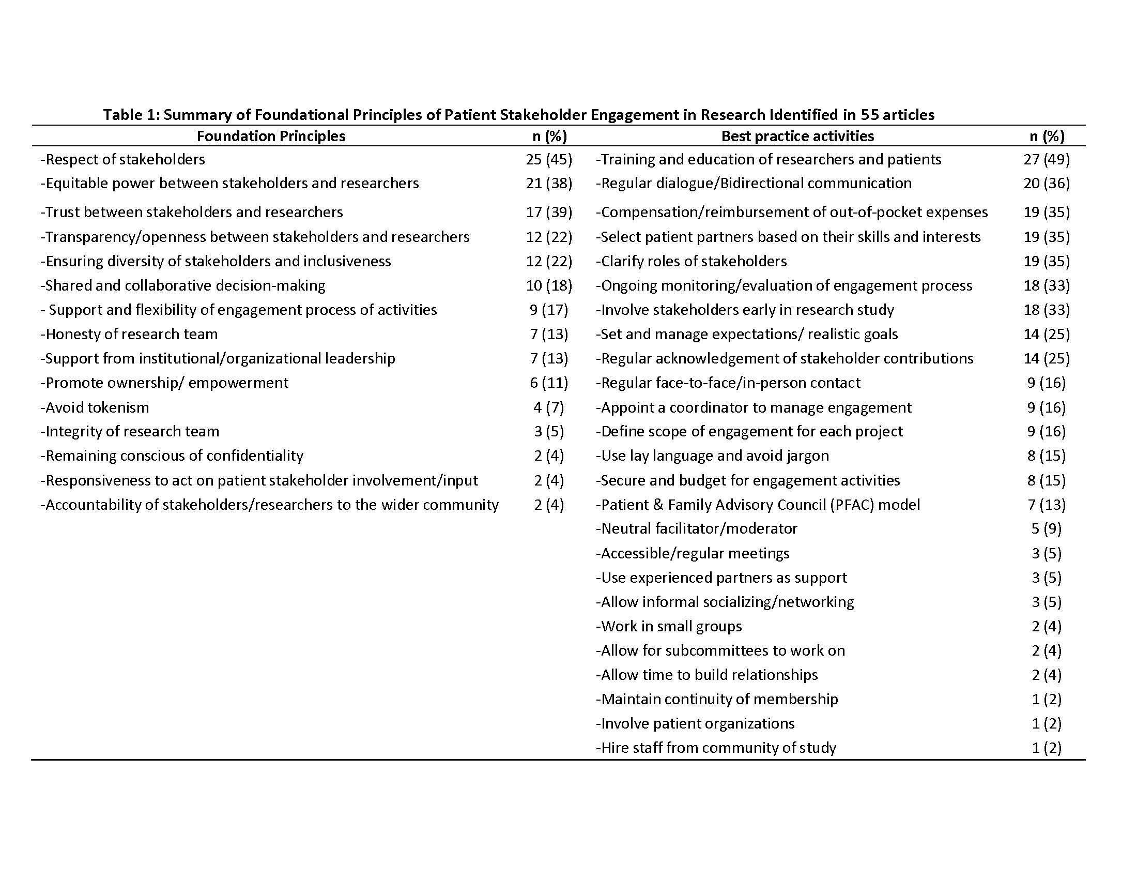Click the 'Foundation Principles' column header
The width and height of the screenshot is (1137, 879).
[x=271, y=137]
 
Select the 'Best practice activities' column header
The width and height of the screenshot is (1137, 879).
[x=797, y=137]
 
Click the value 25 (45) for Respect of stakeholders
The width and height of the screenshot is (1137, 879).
[x=549, y=159]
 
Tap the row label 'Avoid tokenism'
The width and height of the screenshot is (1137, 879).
[x=95, y=407]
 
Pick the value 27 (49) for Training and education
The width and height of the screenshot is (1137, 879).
[x=1047, y=159]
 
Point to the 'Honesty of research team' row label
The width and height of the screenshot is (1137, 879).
[x=129, y=335]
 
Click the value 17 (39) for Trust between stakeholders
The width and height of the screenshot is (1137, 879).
[x=549, y=213]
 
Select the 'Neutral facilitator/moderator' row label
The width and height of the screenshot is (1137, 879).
[x=697, y=528]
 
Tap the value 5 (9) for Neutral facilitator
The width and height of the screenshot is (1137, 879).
[x=1047, y=528]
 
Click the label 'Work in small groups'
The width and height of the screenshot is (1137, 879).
[x=669, y=626]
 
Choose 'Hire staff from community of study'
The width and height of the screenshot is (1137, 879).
[x=716, y=748]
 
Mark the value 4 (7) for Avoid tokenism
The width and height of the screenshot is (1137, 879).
[x=549, y=407]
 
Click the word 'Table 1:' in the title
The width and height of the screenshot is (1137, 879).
[x=131, y=115]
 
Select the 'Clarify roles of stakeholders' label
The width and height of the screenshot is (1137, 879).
[x=692, y=262]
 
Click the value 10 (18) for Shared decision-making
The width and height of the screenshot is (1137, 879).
[x=549, y=285]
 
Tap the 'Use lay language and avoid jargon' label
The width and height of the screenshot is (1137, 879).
[x=713, y=456]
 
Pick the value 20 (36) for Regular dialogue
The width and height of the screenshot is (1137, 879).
[x=1047, y=184]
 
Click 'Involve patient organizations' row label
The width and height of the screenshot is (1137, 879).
[x=696, y=723]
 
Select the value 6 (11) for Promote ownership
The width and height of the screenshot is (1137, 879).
[x=549, y=383]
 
